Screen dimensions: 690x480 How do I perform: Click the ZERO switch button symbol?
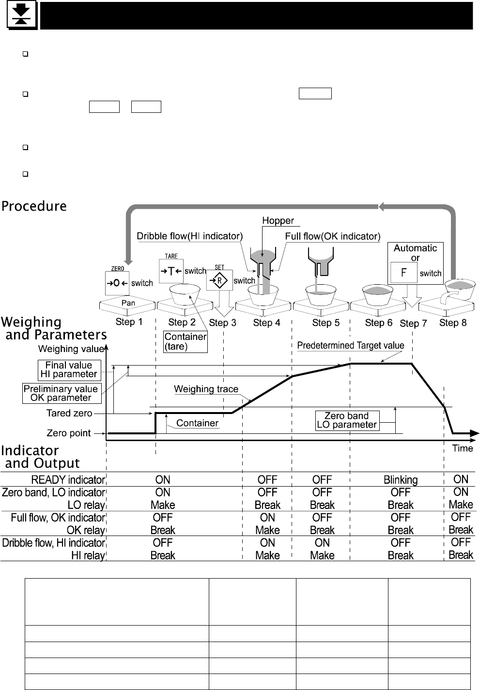117,283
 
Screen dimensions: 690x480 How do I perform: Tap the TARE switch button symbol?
170,271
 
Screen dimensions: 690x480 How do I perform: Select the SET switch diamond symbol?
219,280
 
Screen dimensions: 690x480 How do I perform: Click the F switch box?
404,273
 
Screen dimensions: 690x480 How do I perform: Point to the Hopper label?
278,221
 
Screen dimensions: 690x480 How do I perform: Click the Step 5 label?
325,323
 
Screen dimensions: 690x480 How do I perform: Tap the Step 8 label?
452,322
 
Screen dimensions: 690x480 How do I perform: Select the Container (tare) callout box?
186,341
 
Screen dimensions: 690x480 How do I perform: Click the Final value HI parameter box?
69,370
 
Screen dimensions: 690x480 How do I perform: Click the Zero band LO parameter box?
346,420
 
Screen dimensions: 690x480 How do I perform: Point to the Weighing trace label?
206,389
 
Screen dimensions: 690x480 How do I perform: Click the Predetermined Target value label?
350,346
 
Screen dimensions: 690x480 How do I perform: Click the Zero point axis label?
68,433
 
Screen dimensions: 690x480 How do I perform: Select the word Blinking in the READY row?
400,480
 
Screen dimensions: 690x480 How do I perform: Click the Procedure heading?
34,206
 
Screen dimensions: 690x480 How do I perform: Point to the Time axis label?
462,448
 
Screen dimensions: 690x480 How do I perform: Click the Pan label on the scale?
128,303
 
